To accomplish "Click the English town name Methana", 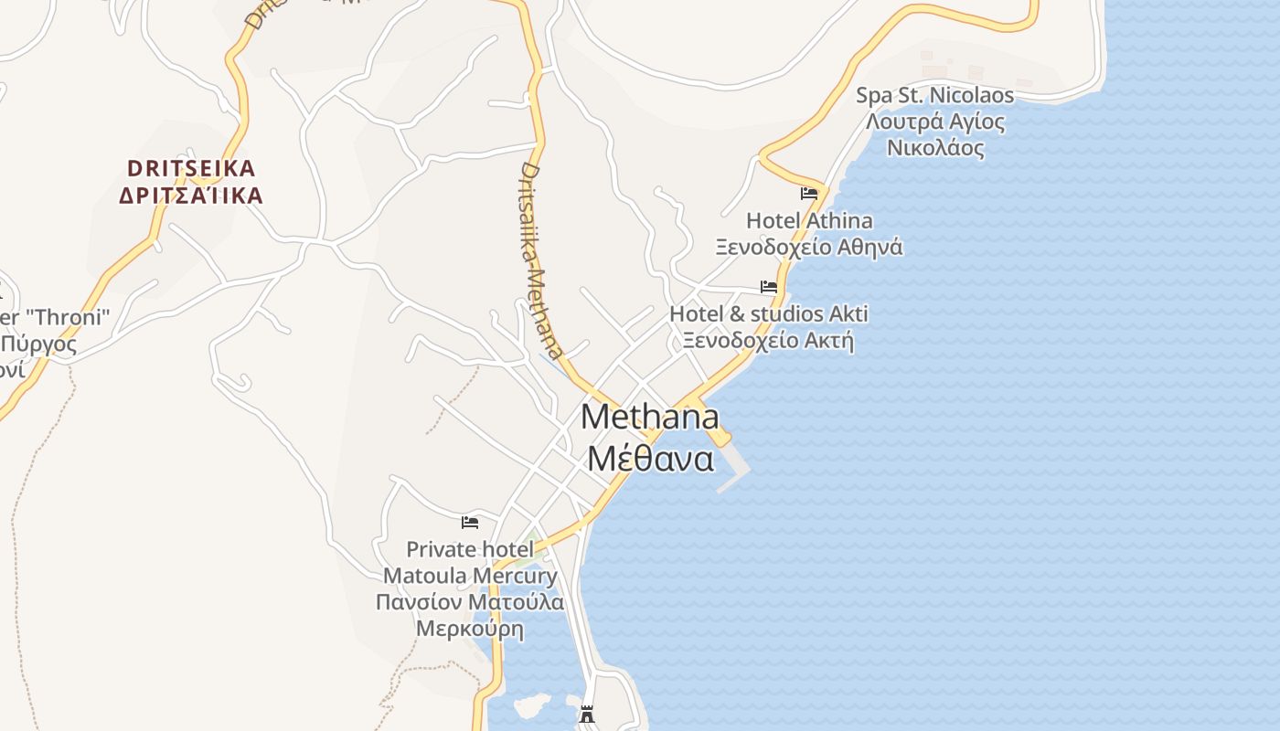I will coord(649,418).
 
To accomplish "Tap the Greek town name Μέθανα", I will coord(649,458).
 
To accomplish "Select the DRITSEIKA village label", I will coord(191,168).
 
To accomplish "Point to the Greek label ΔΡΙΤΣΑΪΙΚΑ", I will coord(191,195).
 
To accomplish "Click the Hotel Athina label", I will coord(809,220).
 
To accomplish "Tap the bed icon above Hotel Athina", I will coord(809,193).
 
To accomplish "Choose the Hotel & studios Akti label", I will coord(768,314).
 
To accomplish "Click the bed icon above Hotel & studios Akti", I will coord(769,286).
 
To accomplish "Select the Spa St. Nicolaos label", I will coord(934,95).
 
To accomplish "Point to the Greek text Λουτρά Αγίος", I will coord(934,122).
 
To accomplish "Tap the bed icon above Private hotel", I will coord(470,522).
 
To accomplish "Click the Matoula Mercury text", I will coord(470,576).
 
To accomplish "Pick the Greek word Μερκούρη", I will coord(470,629).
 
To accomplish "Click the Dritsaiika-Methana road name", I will coord(541,260).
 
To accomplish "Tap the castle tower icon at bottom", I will coord(587,714).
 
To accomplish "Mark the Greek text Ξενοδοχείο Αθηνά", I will coord(809,247).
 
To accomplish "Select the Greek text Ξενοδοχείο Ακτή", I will coord(768,341).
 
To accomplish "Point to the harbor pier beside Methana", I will coord(731,466).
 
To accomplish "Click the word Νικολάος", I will coord(934,148).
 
